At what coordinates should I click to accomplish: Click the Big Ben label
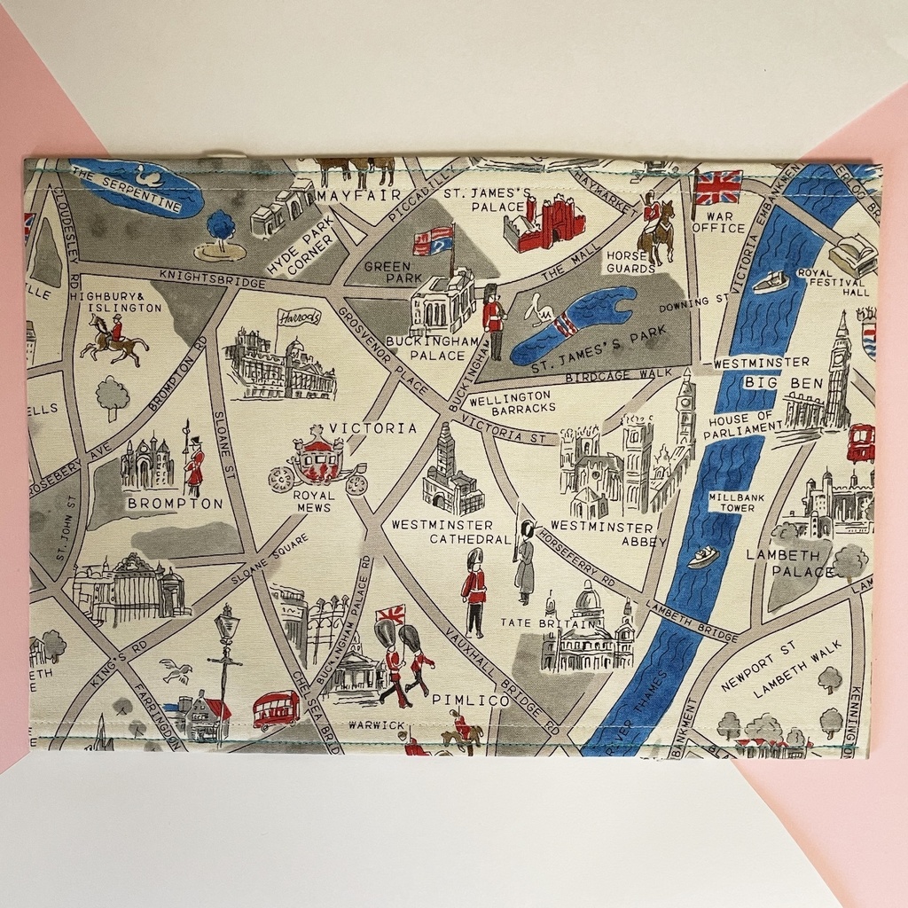[x=771, y=383]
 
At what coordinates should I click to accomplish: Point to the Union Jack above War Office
[x=718, y=187]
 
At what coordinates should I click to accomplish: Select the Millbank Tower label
[x=732, y=502]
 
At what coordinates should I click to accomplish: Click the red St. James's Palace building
[x=544, y=223]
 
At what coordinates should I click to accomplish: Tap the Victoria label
[x=372, y=428]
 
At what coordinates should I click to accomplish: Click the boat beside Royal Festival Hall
[x=770, y=282]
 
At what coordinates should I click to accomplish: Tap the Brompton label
[x=175, y=504]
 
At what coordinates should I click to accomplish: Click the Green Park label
[x=387, y=272]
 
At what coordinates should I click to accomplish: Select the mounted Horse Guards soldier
[x=656, y=229]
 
